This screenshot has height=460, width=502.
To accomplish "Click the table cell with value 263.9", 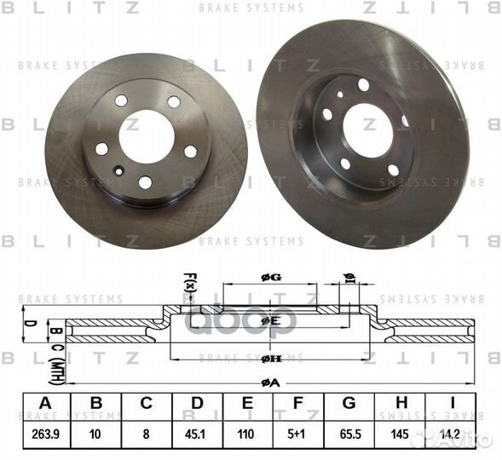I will point(46,433).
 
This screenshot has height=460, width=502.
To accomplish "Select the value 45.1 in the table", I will point(197,433).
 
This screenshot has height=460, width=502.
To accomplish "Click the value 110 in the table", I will point(247,433).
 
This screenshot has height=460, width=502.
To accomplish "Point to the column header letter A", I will point(46,405).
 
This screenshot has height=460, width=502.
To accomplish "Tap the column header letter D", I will point(197,405).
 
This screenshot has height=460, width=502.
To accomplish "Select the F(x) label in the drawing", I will point(189,279).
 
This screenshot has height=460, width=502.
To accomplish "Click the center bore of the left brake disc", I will point(146,134).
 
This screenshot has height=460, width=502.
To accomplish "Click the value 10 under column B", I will point(96,433).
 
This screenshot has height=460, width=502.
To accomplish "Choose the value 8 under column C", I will point(147,433).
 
